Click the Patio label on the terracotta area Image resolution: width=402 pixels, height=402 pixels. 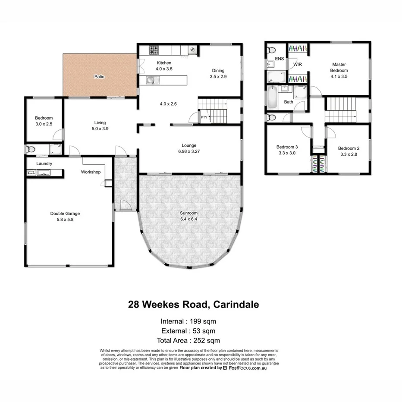click(100, 77)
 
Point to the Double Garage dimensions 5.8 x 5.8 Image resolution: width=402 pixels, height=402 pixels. click(65, 219)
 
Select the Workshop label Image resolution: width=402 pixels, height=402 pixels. click(91, 172)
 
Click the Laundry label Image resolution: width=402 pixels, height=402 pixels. click(44, 163)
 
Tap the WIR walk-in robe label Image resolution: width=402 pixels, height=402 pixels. click(298, 64)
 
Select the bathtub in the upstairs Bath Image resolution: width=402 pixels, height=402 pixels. click(272, 98)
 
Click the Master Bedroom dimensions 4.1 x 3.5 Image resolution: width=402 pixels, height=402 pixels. click(339, 76)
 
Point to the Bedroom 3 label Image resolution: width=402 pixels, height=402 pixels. click(287, 147)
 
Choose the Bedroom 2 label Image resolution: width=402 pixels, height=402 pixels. click(349, 148)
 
